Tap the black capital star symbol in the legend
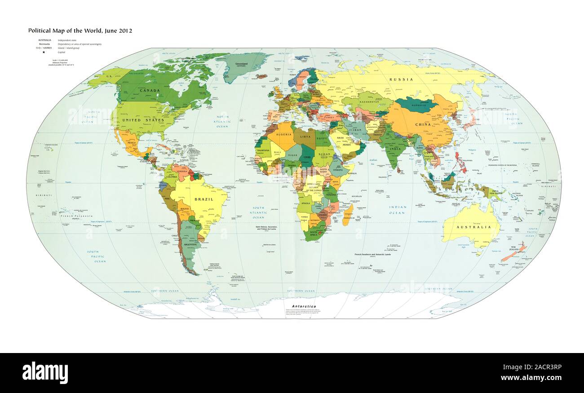(x=44, y=53)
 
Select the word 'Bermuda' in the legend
(x=44, y=44)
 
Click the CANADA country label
(x=150, y=90)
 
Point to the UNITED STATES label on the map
(x=137, y=120)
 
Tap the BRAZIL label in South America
(x=204, y=199)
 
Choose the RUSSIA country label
(x=401, y=79)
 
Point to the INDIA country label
(x=395, y=149)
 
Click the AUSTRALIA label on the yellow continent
(x=473, y=227)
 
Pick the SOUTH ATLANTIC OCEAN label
(x=258, y=212)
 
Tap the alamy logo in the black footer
(x=45, y=373)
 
